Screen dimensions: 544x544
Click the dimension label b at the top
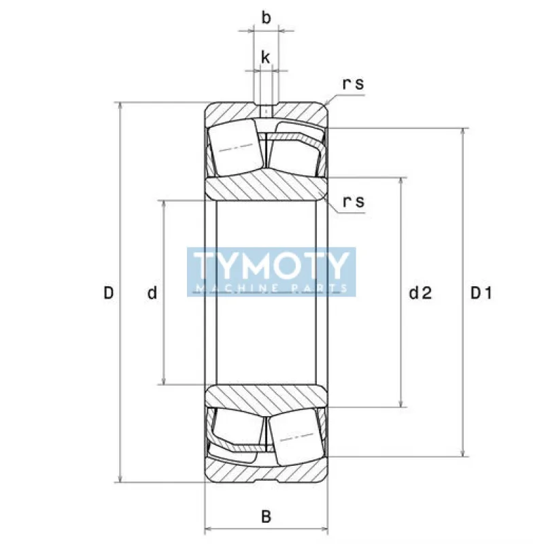266,18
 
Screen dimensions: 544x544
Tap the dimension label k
265,57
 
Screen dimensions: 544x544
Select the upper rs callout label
353,84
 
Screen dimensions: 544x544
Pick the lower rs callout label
354,201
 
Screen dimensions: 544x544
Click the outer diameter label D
109,293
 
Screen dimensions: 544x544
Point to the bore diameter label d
152,293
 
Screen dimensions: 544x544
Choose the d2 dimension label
420,293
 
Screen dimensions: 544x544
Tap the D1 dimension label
481,294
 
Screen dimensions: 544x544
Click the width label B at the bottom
266,517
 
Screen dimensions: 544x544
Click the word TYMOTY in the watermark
271,265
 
